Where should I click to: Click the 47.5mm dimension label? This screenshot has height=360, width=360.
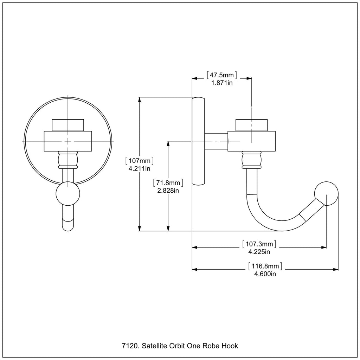221,75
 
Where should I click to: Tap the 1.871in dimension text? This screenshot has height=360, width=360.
222,83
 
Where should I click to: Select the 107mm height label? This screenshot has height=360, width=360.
139,161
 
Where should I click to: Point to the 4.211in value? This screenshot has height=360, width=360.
139,168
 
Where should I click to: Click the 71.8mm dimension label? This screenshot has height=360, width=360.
168,183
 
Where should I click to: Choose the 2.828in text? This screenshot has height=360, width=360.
168,191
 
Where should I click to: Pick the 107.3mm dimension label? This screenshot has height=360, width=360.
259,244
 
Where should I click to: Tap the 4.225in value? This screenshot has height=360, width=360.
259,252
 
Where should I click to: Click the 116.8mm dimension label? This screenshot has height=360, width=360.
265,266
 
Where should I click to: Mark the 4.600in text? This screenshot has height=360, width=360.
265,274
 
